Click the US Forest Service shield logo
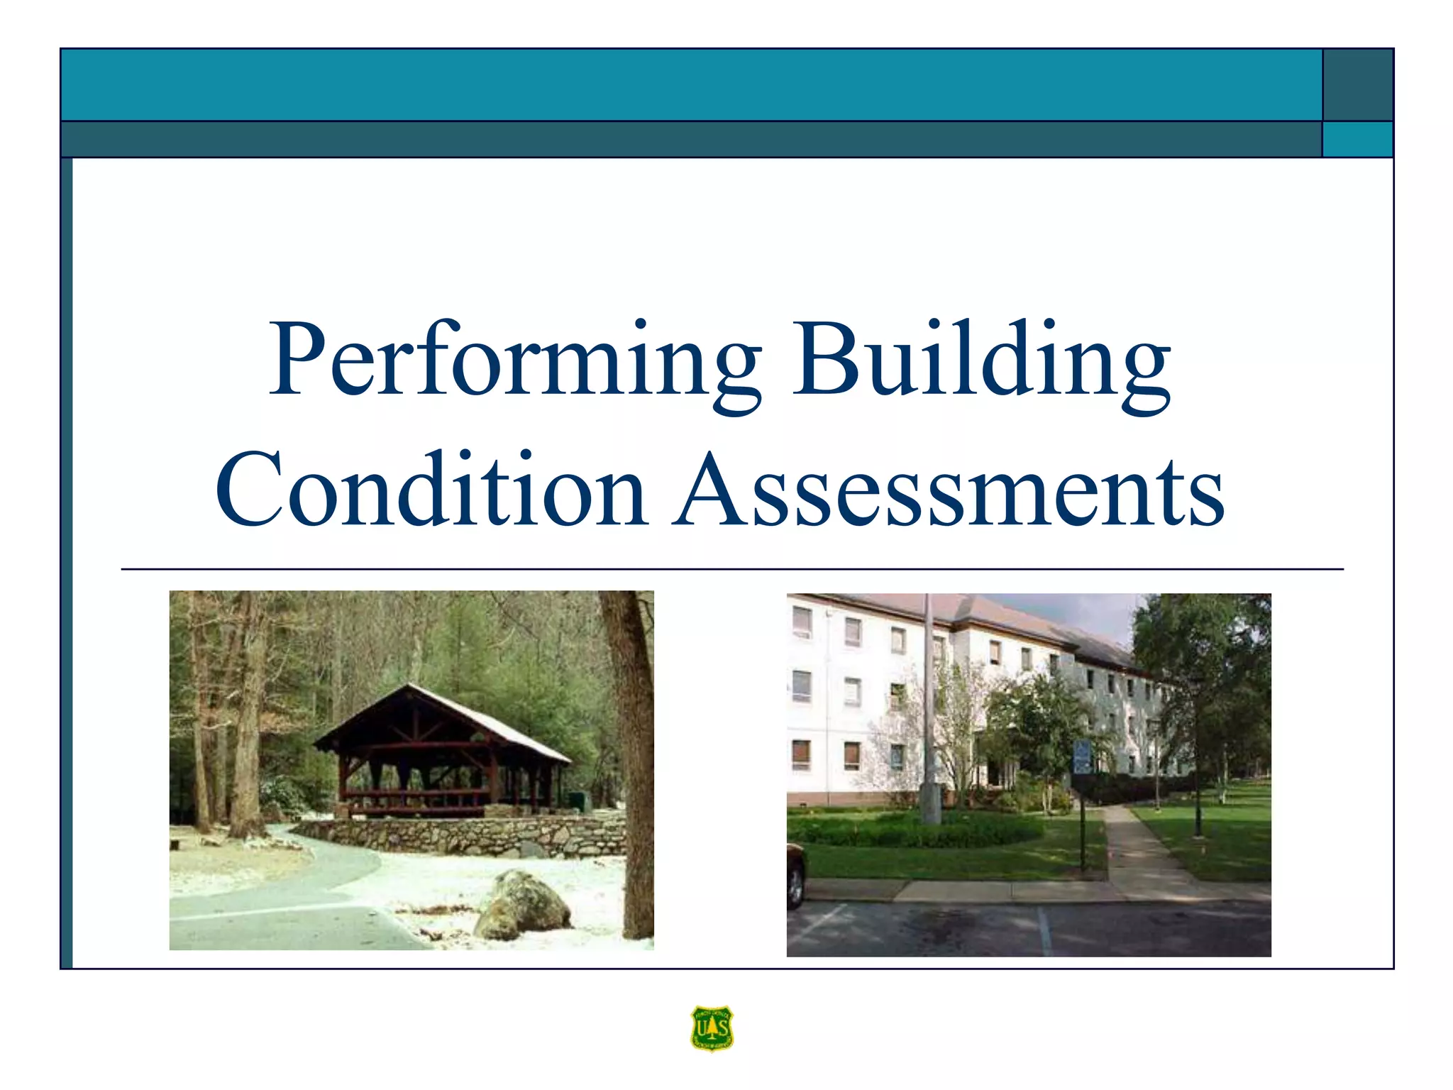[712, 1028]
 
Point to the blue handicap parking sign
[1082, 756]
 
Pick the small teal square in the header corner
[1357, 139]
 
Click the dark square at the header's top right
[1357, 84]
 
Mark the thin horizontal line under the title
[731, 569]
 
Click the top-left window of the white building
[802, 622]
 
